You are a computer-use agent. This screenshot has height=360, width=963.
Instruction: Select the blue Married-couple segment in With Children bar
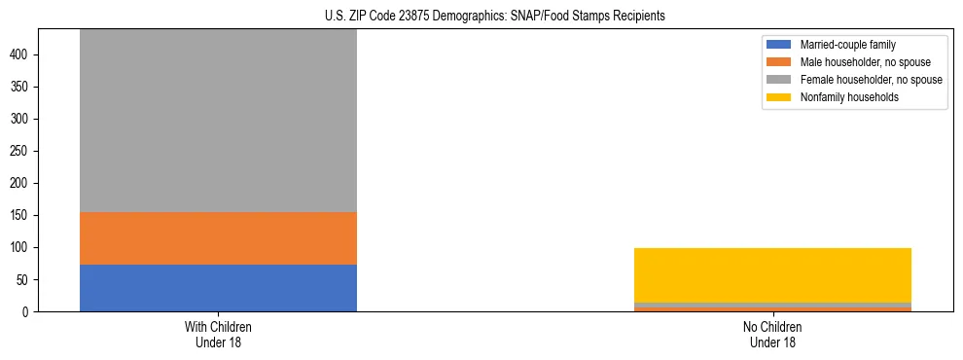click(x=218, y=288)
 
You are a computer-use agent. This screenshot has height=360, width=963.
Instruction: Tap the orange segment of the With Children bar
click(x=218, y=238)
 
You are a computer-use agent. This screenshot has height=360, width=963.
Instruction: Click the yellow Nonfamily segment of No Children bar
click(x=772, y=275)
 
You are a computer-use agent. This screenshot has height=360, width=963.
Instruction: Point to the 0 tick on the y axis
click(x=28, y=312)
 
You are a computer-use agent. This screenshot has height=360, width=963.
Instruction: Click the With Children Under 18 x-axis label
click(x=218, y=335)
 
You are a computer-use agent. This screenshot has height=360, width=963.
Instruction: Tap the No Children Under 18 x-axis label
click(x=772, y=335)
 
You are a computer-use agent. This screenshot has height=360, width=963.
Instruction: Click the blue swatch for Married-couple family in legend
click(x=779, y=45)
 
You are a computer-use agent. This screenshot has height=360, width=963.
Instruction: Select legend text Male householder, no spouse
click(x=852, y=62)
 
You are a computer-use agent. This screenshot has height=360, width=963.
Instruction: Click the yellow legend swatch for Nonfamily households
click(x=779, y=97)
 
